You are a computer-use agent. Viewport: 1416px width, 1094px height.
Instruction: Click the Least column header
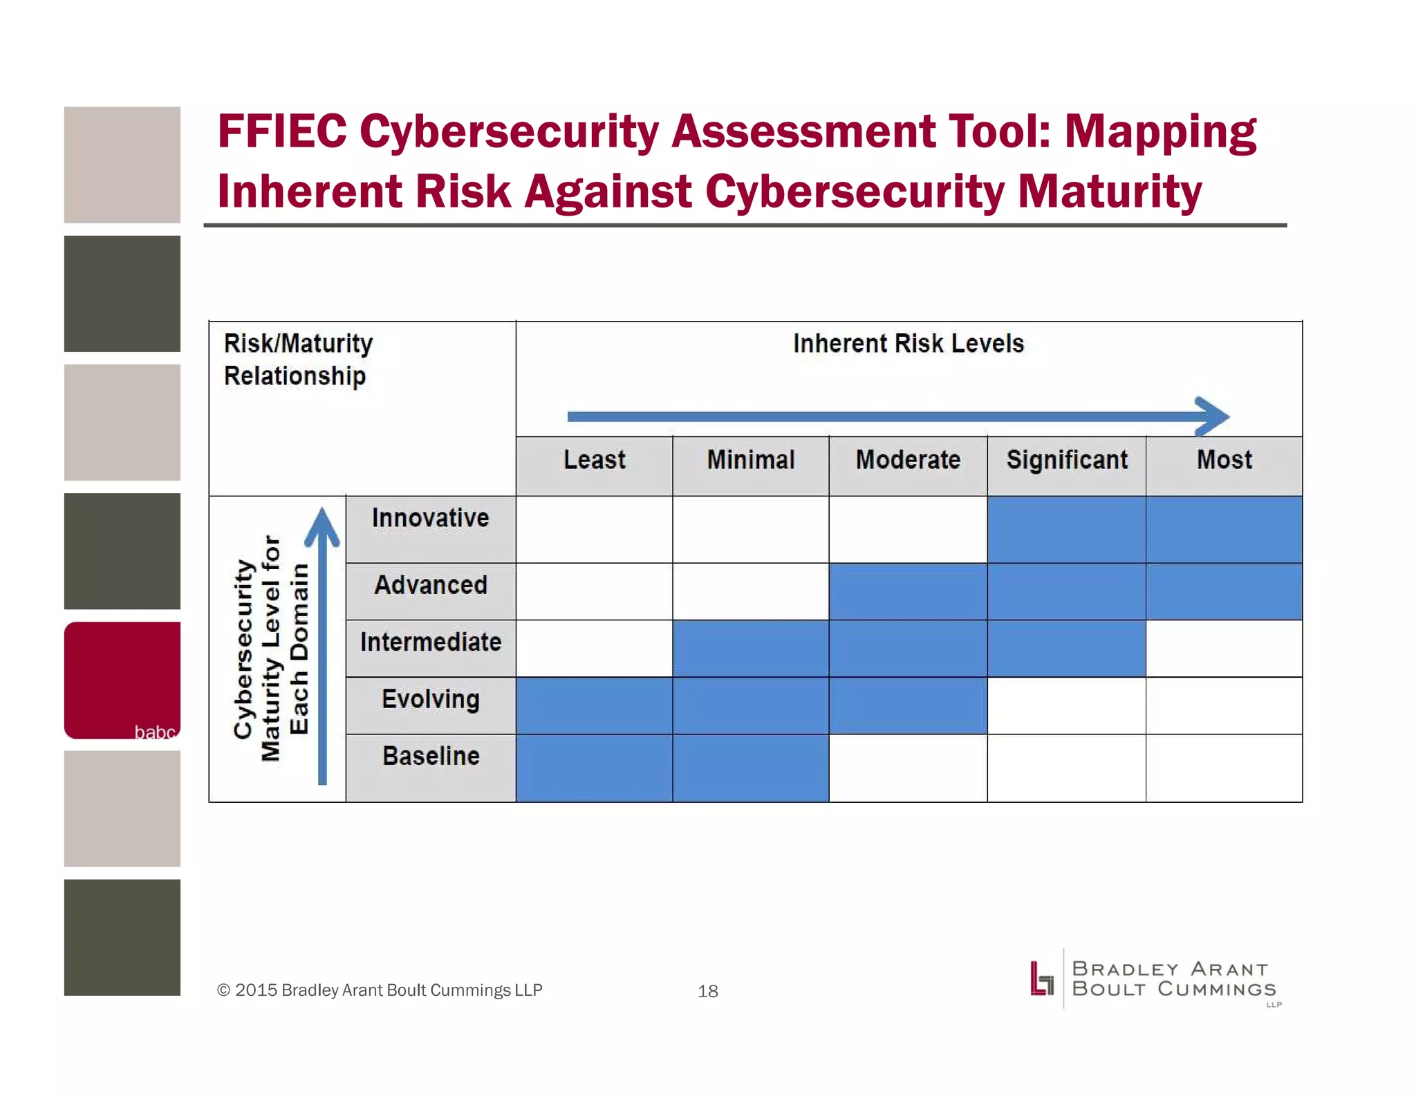[594, 460]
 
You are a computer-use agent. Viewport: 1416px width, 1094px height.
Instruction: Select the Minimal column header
[750, 460]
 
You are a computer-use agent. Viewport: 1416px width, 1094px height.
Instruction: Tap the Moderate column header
[908, 460]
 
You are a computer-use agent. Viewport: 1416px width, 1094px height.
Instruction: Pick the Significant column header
[1066, 460]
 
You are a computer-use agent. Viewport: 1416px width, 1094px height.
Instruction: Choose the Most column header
[1224, 460]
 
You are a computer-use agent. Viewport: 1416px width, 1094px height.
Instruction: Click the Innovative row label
[430, 519]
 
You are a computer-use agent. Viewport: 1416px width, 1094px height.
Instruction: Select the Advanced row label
[430, 585]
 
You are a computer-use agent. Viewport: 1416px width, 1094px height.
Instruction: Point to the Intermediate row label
[430, 642]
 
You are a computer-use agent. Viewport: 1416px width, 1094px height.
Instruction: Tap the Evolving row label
[430, 699]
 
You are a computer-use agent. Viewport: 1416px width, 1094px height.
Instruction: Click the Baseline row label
[430, 757]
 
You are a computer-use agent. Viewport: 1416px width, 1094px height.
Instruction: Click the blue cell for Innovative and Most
[1224, 529]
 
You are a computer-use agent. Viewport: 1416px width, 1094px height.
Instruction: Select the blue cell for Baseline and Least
[594, 768]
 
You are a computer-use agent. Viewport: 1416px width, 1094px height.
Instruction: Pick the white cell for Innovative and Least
[594, 529]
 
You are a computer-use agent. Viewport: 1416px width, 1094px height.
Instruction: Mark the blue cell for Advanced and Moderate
[908, 591]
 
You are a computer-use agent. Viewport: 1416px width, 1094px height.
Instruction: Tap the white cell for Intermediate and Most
[1224, 648]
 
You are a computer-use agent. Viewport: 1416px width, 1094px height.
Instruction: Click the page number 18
[707, 991]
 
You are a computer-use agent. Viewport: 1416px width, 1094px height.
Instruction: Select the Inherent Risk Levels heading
[908, 344]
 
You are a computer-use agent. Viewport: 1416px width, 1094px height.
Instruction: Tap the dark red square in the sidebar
[122, 680]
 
